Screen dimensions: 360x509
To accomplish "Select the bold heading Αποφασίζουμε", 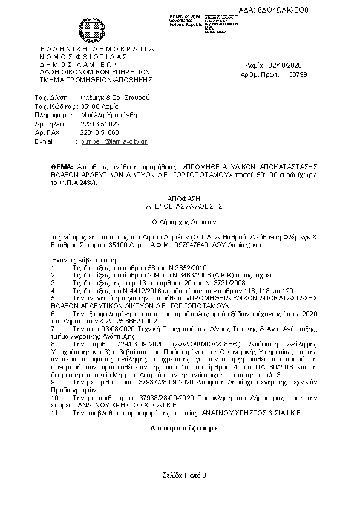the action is (180, 427).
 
